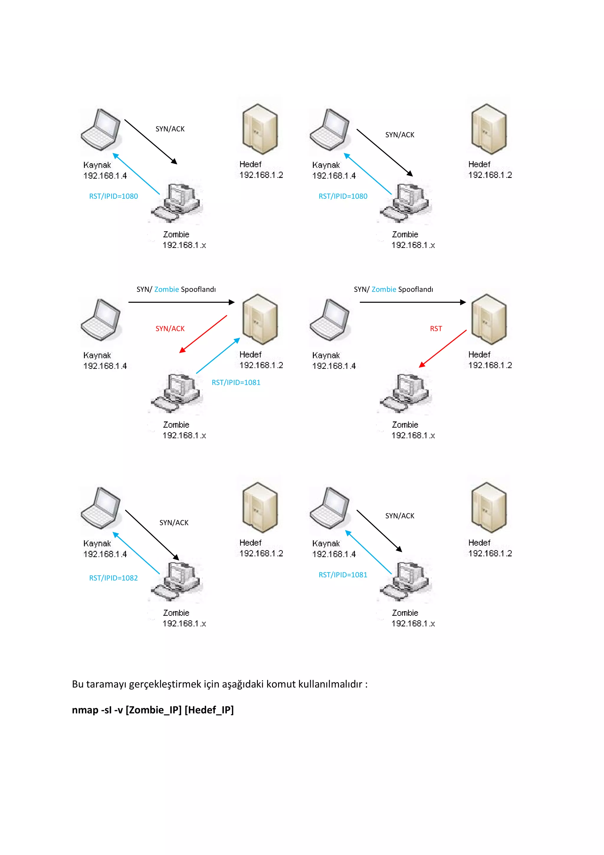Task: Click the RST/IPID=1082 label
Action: pos(113,578)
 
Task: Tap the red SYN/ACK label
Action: pos(170,328)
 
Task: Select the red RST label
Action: pos(436,328)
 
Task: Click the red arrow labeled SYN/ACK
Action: pos(203,334)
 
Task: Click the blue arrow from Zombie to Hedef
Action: pos(218,355)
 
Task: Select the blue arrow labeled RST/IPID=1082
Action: pos(136,553)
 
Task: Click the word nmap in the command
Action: pos(85,710)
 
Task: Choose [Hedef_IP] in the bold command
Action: pos(209,710)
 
